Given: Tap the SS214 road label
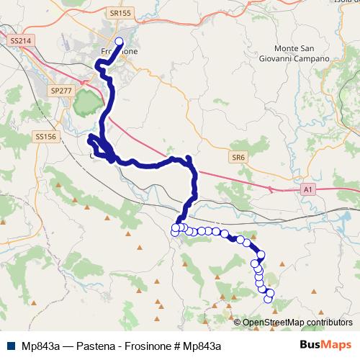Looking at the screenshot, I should (x=21, y=42).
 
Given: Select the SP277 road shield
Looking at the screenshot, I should (x=60, y=91).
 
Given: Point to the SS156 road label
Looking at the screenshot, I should (x=45, y=136).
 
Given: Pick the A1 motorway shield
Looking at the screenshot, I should (x=308, y=189).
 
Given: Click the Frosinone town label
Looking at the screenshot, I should (x=119, y=52).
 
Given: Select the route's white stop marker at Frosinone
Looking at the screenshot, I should (x=119, y=42).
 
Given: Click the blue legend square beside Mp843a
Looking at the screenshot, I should (x=13, y=345).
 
